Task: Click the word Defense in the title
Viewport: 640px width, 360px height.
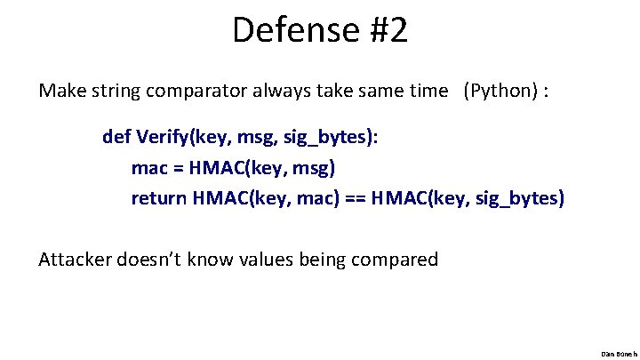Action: [x=292, y=30]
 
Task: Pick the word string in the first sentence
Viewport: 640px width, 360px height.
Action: [x=111, y=92]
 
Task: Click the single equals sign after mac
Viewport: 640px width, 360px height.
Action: [x=179, y=167]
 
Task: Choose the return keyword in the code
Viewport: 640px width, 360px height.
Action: [x=158, y=197]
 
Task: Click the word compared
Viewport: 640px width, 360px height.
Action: [x=397, y=260]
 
